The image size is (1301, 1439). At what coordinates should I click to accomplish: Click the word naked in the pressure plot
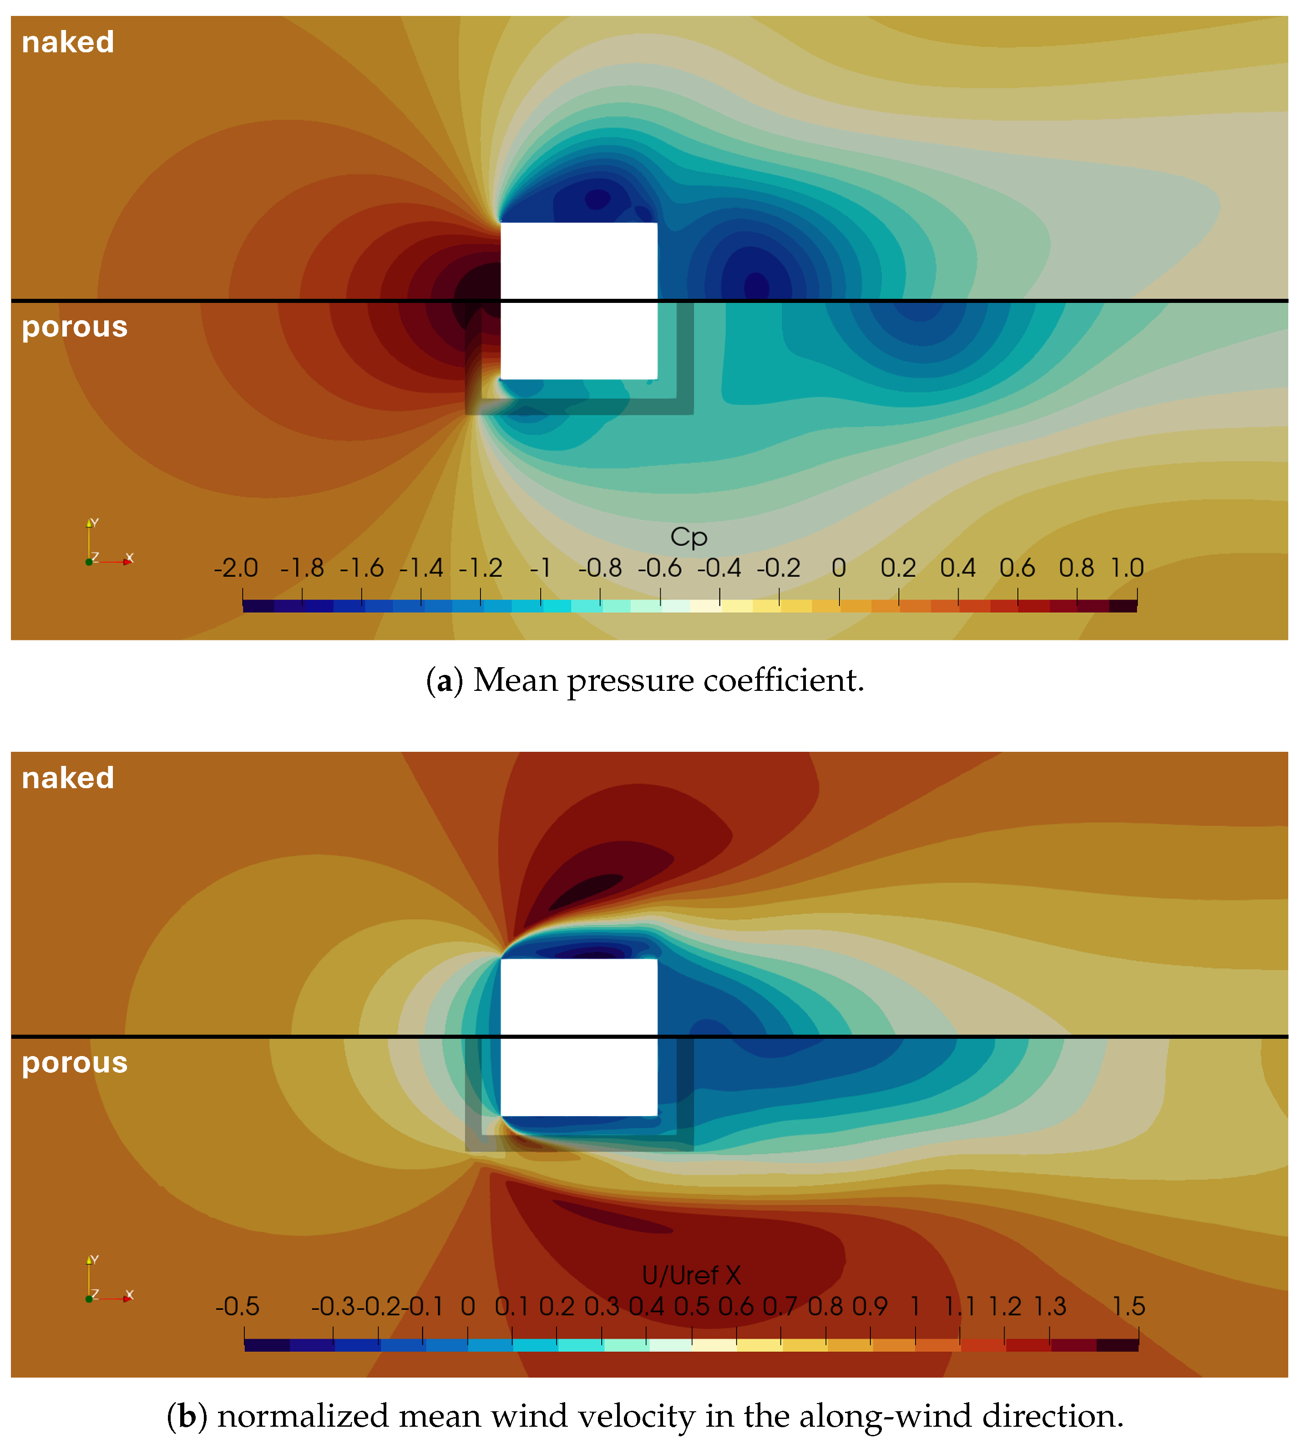pyautogui.click(x=68, y=42)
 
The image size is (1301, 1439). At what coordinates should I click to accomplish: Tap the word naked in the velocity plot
pyautogui.click(x=68, y=778)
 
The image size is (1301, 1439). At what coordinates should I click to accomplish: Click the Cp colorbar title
pyautogui.click(x=688, y=537)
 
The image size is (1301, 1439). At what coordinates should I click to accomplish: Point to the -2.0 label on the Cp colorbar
pyautogui.click(x=236, y=568)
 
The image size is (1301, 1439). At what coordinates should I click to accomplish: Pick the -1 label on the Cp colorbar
pyautogui.click(x=541, y=568)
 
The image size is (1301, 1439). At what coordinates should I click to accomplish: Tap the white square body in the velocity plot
pyautogui.click(x=578, y=1037)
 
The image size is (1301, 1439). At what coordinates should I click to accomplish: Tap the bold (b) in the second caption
pyautogui.click(x=187, y=1417)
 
